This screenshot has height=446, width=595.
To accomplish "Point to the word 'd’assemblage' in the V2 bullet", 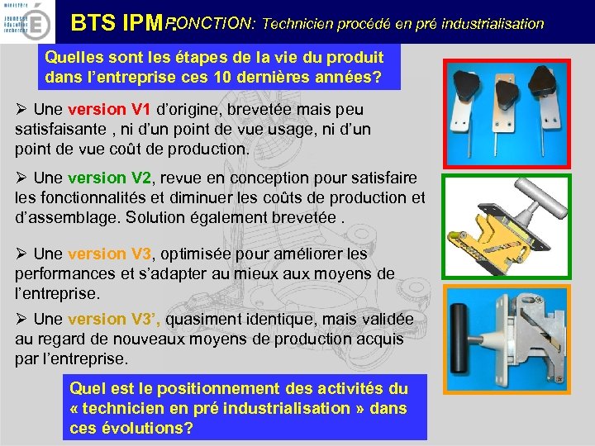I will coord(58,217).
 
